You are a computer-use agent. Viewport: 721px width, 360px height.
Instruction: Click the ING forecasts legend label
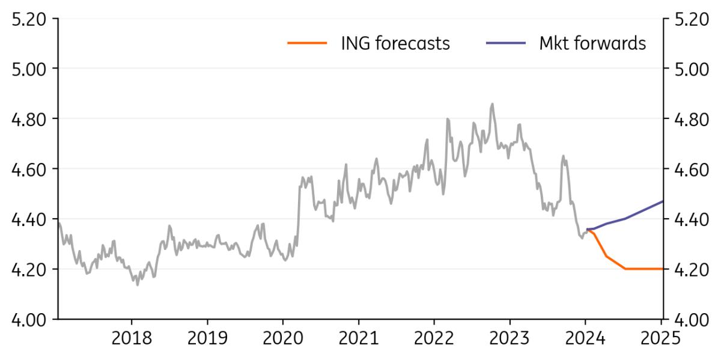395,43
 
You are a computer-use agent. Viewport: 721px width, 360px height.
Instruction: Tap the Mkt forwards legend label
593,43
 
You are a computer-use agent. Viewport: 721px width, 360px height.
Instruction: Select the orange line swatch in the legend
307,43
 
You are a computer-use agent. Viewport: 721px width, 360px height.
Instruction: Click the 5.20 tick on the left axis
29,19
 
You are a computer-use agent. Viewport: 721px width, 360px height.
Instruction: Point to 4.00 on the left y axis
29,319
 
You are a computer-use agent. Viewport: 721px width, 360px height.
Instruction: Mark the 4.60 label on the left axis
29,169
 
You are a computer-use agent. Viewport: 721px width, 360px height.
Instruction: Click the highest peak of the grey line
493,103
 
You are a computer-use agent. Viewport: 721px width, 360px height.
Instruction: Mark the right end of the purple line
663,201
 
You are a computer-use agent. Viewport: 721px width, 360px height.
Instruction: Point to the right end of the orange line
663,269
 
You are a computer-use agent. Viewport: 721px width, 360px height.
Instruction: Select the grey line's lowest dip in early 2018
138,285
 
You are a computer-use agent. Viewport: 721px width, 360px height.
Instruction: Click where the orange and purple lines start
587,229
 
